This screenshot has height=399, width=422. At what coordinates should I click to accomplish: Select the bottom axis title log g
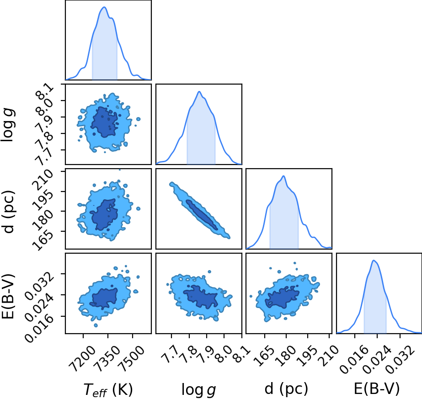coord(199,389)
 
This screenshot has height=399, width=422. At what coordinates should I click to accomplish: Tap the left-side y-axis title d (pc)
coord(8,212)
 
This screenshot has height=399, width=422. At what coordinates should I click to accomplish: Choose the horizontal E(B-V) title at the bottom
coord(377,388)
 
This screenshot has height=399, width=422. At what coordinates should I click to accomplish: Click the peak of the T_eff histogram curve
coord(104,7)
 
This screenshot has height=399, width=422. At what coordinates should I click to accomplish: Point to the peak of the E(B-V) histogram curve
coord(374,260)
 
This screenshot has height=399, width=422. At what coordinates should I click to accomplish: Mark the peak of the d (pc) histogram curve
coord(283,176)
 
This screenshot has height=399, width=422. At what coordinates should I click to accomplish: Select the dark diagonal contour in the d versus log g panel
coord(202,215)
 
